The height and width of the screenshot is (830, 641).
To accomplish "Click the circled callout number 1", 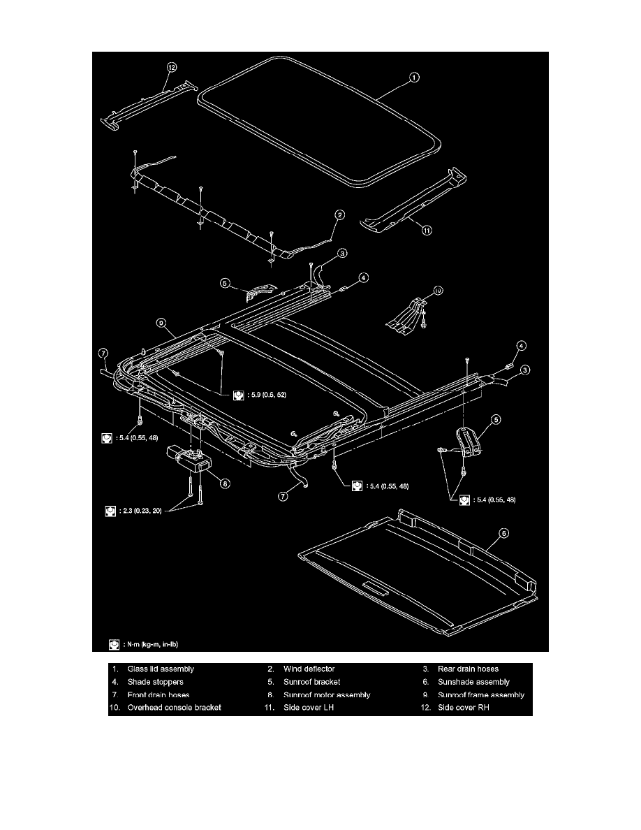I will [x=414, y=78].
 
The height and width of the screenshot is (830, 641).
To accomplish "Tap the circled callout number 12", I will [x=172, y=66].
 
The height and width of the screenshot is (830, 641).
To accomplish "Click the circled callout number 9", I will [x=161, y=323].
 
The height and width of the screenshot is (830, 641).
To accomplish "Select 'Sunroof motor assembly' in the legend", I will [x=327, y=694].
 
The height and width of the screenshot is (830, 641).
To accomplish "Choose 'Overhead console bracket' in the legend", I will [x=174, y=707].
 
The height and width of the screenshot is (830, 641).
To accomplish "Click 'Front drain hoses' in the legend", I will [x=159, y=694].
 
